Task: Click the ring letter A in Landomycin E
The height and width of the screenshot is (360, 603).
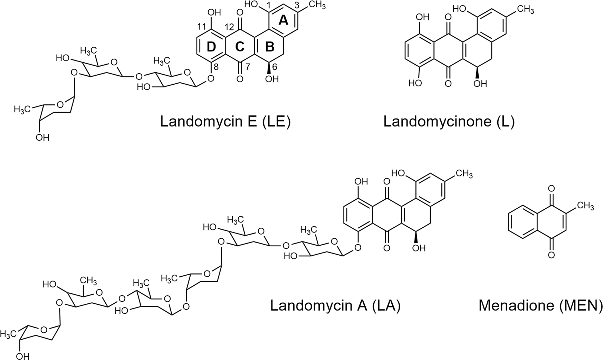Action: pyautogui.click(x=283, y=21)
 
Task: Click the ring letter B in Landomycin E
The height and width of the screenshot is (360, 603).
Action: pyautogui.click(x=270, y=47)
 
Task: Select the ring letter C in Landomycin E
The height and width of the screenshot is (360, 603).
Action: pyautogui.click(x=240, y=47)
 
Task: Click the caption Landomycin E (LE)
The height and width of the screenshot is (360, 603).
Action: pyautogui.click(x=225, y=122)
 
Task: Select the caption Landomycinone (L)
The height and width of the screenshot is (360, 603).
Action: pyautogui.click(x=449, y=122)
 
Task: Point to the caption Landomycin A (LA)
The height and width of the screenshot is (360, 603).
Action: pyautogui.click(x=335, y=305)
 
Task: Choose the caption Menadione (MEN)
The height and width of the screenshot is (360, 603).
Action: pyautogui.click(x=540, y=305)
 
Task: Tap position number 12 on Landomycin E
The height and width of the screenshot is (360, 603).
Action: pyautogui.click(x=230, y=27)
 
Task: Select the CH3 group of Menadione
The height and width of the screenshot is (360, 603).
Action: pyautogui.click(x=585, y=206)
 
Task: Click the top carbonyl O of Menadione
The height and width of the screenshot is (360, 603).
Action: pyautogui.click(x=552, y=189)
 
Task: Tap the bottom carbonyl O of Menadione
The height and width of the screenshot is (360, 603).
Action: pyautogui.click(x=552, y=255)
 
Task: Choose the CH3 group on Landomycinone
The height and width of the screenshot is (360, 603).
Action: pyautogui.click(x=526, y=9)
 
